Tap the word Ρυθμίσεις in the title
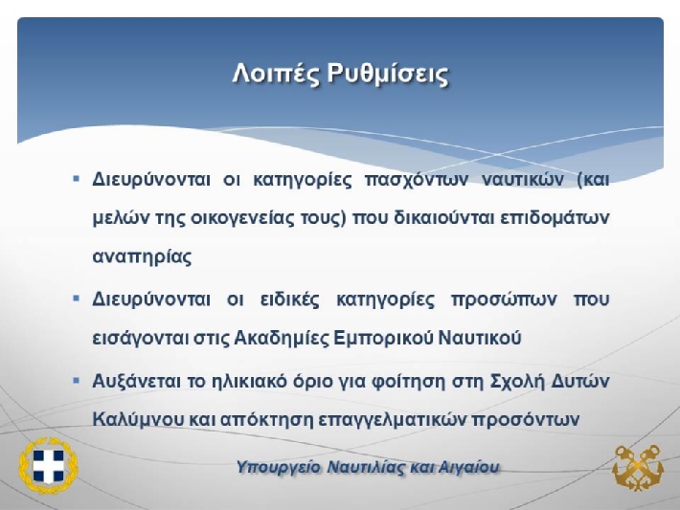[x=388, y=73]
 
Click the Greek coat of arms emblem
[x=48, y=465]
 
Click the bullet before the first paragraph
[x=77, y=178]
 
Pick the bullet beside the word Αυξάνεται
[x=77, y=381]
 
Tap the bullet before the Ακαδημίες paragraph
[x=77, y=299]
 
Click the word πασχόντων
[x=417, y=180]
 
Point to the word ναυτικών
[x=524, y=179]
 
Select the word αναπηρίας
[x=142, y=257]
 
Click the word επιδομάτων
[x=555, y=218]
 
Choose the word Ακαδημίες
[x=282, y=338]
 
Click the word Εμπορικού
[x=384, y=338]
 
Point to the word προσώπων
[x=504, y=299]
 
